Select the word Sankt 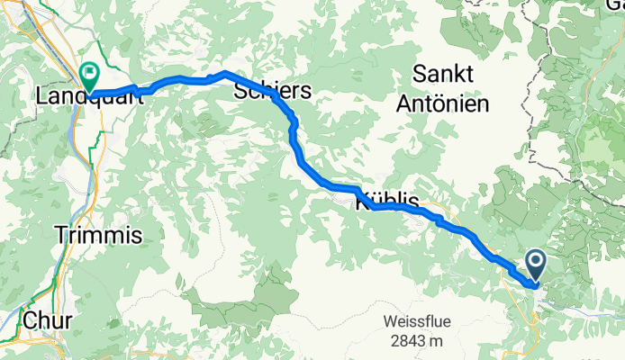pos(448,74)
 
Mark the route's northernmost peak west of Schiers pos(223,71)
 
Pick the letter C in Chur pos(28,319)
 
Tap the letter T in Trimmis pos(61,236)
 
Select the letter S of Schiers pos(240,91)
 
